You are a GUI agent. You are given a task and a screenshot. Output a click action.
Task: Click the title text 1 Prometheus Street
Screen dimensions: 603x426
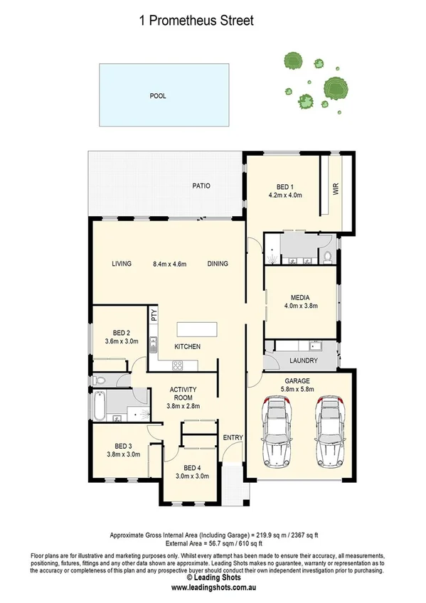point(196,21)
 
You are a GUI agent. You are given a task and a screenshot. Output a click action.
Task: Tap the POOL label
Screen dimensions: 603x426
point(157,95)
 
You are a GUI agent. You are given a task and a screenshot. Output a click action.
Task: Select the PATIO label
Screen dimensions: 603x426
point(201,186)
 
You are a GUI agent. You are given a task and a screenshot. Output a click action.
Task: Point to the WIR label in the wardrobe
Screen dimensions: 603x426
point(335,190)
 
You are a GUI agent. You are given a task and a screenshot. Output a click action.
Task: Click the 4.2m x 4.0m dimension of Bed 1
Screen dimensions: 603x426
point(286,194)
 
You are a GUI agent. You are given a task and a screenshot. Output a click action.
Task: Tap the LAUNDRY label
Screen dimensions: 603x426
point(304,361)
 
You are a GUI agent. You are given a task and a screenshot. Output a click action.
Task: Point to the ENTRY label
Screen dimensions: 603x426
point(233,437)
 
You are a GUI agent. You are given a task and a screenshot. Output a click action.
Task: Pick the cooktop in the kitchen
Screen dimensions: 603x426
point(178,365)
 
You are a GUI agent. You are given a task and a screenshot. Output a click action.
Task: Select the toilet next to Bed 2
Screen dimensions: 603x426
point(100,381)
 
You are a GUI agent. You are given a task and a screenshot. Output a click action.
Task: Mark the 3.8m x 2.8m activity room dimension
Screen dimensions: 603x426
point(183,406)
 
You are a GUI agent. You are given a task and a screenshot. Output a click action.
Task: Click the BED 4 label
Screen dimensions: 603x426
point(193,467)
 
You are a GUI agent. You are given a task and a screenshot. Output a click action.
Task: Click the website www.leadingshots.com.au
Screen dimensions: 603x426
point(213,587)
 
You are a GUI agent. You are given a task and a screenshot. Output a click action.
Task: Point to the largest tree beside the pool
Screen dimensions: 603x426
point(335,88)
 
